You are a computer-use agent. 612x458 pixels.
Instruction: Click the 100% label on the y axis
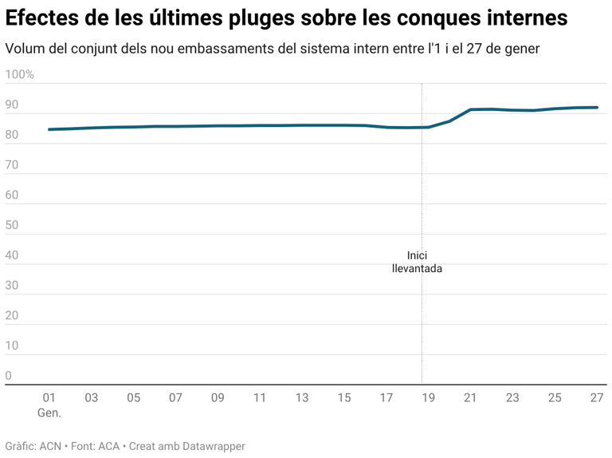(19, 75)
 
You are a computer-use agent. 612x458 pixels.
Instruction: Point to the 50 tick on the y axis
(11, 226)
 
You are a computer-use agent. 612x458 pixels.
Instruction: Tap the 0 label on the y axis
(9, 376)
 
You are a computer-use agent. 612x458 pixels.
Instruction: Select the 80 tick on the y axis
(11, 136)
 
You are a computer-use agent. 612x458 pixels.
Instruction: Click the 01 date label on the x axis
(49, 398)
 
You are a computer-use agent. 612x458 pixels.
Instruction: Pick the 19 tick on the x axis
(429, 398)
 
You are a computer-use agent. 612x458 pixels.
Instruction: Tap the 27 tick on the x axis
(596, 398)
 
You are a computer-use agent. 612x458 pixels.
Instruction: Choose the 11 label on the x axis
(259, 398)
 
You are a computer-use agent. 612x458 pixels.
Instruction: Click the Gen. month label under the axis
(49, 413)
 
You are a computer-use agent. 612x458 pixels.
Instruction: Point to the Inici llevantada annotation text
(417, 263)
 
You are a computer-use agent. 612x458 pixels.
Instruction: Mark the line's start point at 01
(49, 129)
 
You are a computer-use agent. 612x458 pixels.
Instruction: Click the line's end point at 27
(597, 107)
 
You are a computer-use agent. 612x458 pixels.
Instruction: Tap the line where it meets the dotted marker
(422, 127)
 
